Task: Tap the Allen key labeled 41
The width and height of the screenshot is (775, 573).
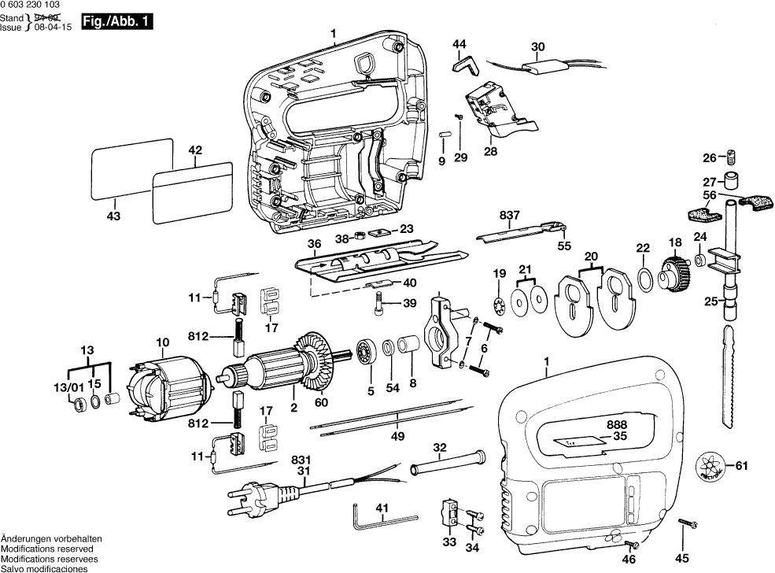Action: pyautogui.click(x=381, y=519)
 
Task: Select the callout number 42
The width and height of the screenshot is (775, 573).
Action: pyautogui.click(x=195, y=150)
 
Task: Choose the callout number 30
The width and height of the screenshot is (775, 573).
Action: pyautogui.click(x=537, y=46)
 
